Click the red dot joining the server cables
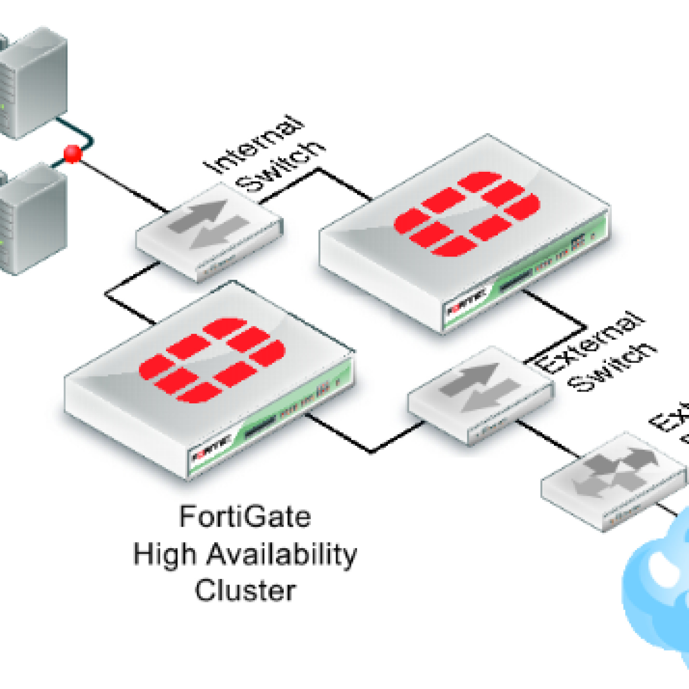coord(73,154)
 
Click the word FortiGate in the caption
coord(245,517)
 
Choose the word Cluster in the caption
coord(245,590)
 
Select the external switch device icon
coord(480,395)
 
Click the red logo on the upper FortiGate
coord(467,214)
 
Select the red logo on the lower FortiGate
coord(212,360)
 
